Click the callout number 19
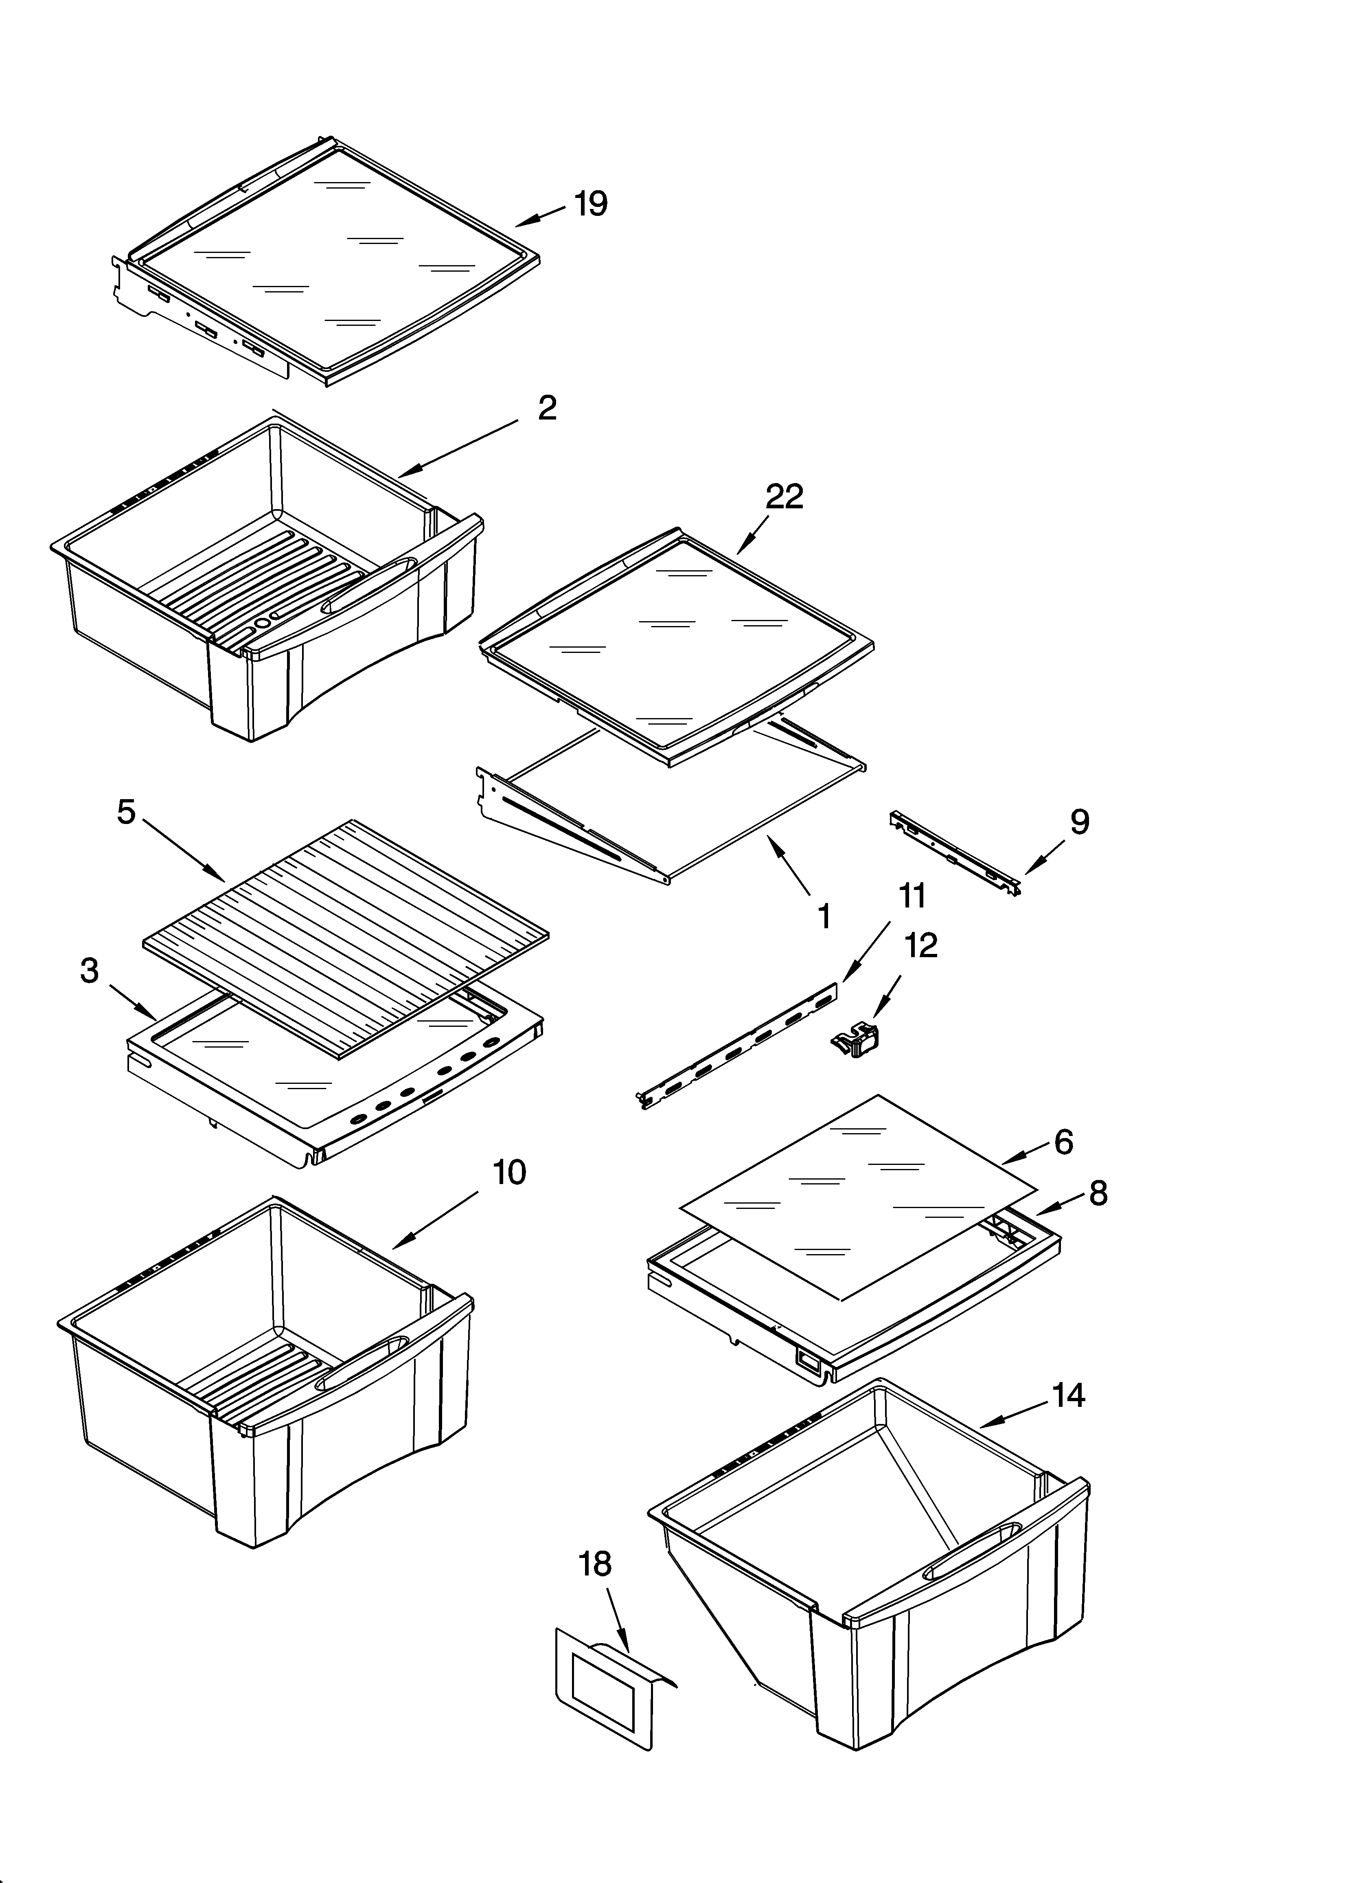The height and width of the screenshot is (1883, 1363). (591, 203)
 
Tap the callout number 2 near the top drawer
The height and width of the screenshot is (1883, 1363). (547, 408)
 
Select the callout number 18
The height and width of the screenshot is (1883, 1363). (594, 1564)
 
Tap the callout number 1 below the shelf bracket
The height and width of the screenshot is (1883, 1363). (824, 916)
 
